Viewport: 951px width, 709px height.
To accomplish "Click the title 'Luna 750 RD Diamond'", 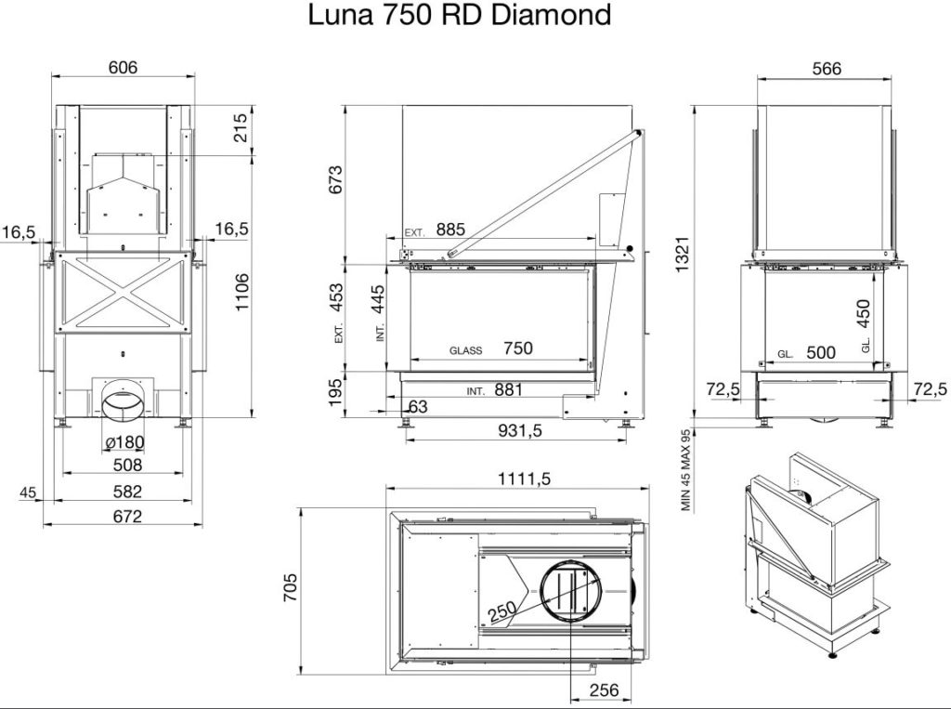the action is coord(459,15).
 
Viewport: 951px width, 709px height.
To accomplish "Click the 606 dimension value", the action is coord(124,67).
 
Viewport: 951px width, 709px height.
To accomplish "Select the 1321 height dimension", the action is coord(683,255).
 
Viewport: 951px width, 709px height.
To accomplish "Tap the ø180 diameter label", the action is coord(124,442).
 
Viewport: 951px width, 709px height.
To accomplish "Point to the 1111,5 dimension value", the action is coord(524,479).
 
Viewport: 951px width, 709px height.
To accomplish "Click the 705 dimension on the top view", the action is coord(291,587).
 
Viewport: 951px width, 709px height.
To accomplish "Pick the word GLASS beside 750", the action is coord(466,350).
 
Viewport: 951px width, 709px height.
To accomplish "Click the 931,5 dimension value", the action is coord(520,430).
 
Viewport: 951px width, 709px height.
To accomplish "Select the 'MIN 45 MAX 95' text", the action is coord(686,470).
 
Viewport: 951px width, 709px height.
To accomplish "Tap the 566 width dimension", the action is coord(827,69).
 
